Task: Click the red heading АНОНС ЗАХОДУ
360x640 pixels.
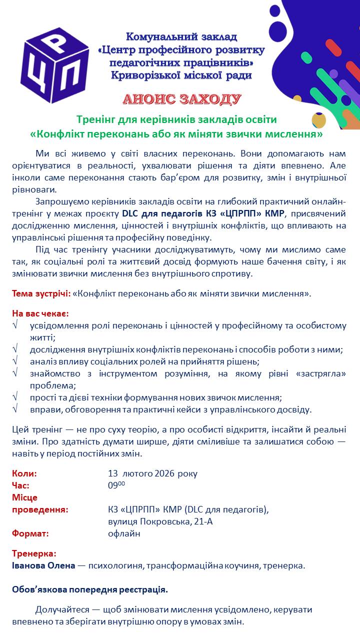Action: point(182,99)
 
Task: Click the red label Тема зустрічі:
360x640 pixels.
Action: point(41,293)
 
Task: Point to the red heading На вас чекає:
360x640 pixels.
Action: point(40,313)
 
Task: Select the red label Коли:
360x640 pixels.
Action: point(24,473)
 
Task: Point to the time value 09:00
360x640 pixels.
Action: point(116,485)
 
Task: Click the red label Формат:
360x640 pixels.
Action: point(30,533)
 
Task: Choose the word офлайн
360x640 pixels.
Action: point(124,533)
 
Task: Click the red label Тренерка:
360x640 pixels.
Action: point(34,553)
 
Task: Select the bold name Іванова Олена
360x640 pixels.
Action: point(43,565)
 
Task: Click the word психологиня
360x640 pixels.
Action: point(113,565)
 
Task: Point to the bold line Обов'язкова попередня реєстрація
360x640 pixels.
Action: point(90,589)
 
